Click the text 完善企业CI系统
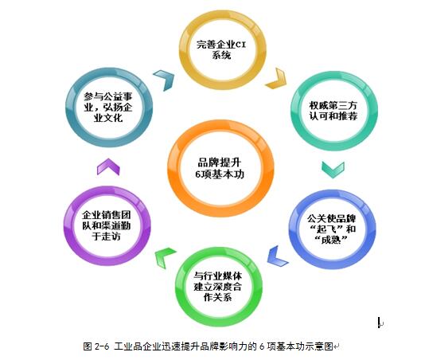pos(221,49)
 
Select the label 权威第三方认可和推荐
pos(333,111)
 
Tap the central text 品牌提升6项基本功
pos(220,169)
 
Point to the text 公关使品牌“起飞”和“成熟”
pos(331,229)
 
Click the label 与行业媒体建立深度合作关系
pos(217,287)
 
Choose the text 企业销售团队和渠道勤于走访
pos(107,225)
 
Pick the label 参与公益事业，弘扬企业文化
pos(108,107)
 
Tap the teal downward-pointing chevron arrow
pos(333,169)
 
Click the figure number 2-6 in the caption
pos(102,346)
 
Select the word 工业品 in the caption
pos(127,346)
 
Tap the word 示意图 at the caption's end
pos(320,346)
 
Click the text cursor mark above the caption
pos(380,323)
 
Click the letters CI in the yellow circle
pos(240,45)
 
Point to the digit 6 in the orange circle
pos(198,174)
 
